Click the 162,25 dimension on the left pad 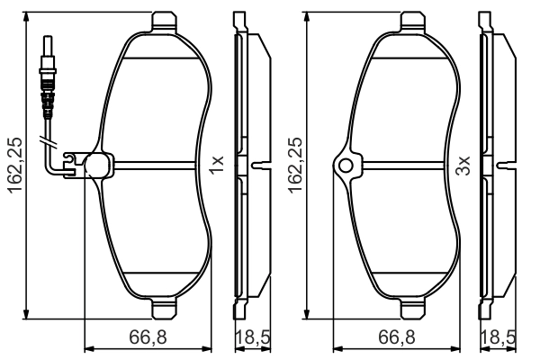click(16, 166)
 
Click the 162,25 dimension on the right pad click(295, 166)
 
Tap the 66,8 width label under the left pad click(148, 337)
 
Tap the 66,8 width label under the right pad click(397, 337)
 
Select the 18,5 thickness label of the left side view click(253, 337)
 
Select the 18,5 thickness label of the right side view click(499, 337)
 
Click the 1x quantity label click(217, 165)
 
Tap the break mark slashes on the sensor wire click(47, 140)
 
